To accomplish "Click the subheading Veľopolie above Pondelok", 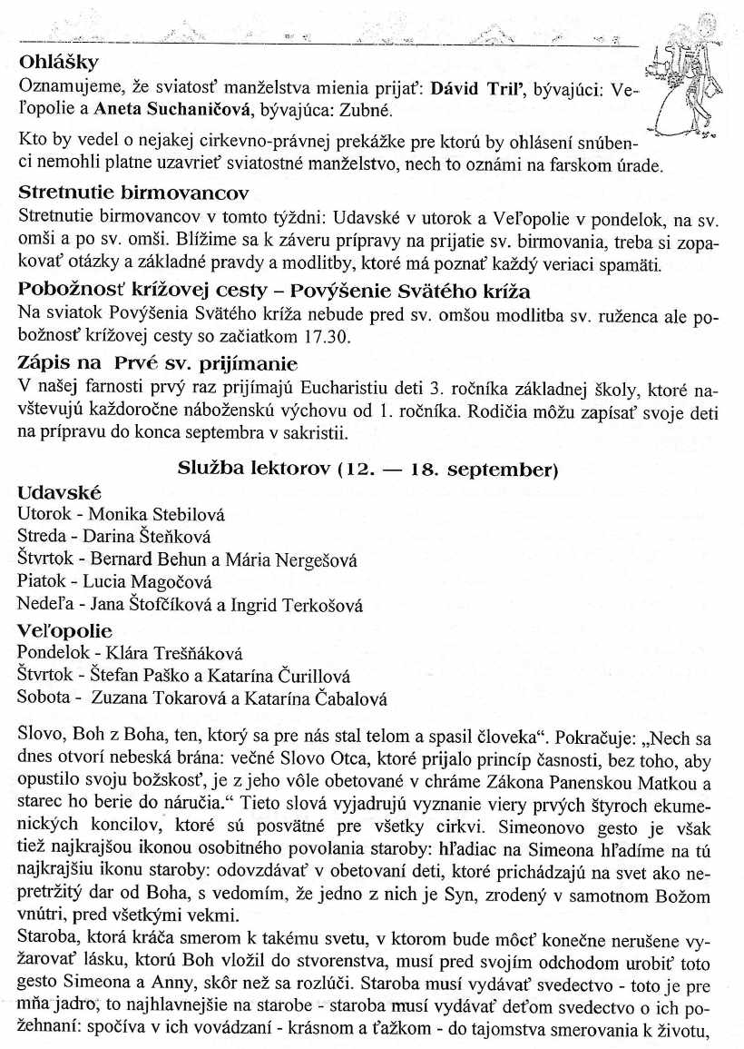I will [64, 630].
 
